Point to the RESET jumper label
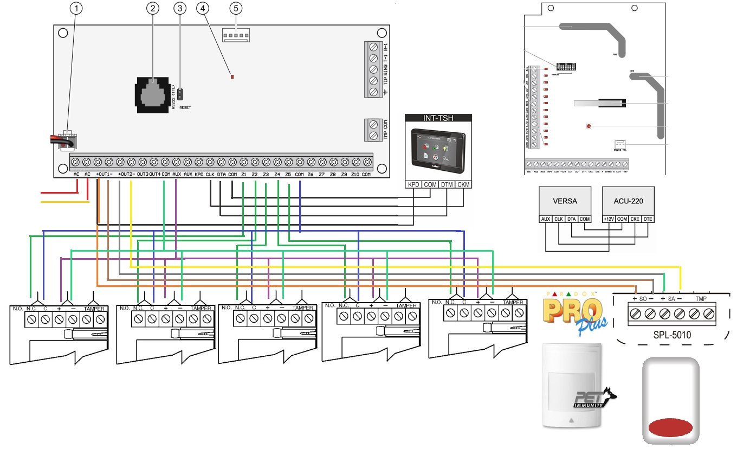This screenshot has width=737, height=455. coord(185,108)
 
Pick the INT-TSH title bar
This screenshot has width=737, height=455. coord(438,118)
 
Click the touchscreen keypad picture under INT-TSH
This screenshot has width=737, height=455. coord(438,148)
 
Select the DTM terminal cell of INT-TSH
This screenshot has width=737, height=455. coord(447,185)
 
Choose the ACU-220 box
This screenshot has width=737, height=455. coord(629,201)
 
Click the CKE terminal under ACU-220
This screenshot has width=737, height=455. coord(635,219)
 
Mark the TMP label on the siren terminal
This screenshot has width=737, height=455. coord(701,298)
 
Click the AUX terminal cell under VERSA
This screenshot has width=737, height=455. coord(546,219)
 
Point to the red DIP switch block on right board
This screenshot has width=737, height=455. coord(565,67)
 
